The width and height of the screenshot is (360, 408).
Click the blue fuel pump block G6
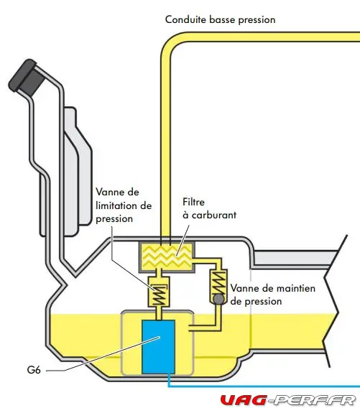(x=158, y=347)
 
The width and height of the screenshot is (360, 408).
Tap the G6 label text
(x=34, y=370)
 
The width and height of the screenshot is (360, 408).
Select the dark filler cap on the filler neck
(x=26, y=78)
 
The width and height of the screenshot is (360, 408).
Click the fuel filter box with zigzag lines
(x=167, y=256)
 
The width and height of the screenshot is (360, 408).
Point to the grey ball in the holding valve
(x=218, y=300)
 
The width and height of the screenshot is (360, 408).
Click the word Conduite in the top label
(x=186, y=19)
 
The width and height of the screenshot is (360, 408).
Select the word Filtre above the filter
(x=194, y=202)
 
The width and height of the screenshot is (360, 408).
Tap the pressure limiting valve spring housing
(x=159, y=292)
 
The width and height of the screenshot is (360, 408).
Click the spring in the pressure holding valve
(x=218, y=282)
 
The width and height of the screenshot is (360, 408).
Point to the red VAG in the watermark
(x=244, y=400)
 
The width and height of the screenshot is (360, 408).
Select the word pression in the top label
(x=257, y=20)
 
